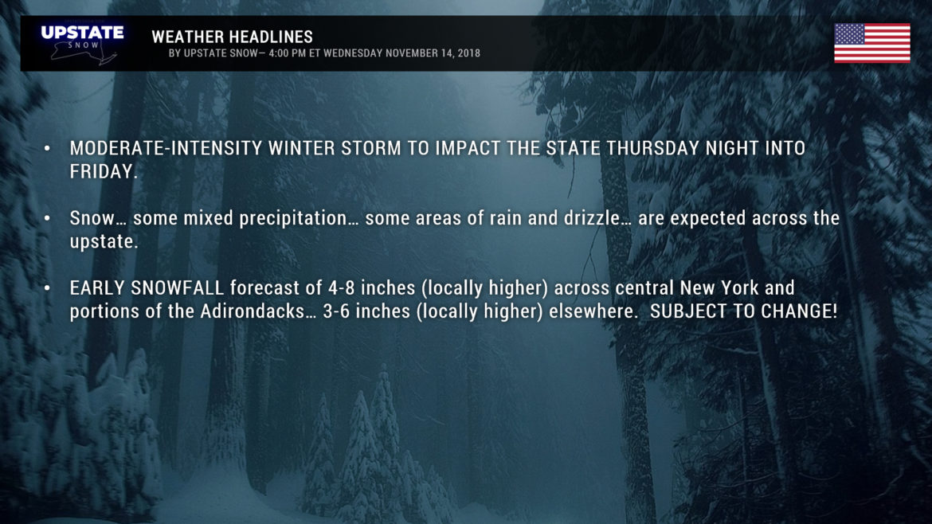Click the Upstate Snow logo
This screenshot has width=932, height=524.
tap(82, 43)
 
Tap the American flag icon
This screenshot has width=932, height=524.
tap(872, 43)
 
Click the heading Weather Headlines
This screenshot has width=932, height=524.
tap(232, 37)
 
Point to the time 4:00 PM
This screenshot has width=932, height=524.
tap(288, 53)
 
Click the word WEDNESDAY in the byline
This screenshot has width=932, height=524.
tap(353, 53)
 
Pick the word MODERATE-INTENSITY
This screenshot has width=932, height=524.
tap(166, 148)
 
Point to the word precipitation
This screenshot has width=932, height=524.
tap(293, 219)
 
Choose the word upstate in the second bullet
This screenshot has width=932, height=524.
tap(104, 242)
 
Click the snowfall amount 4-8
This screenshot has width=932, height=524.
tap(342, 288)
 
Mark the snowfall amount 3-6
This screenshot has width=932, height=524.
tap(337, 311)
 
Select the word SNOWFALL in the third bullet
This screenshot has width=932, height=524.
tap(177, 288)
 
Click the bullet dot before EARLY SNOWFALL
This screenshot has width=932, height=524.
tap(48, 288)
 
